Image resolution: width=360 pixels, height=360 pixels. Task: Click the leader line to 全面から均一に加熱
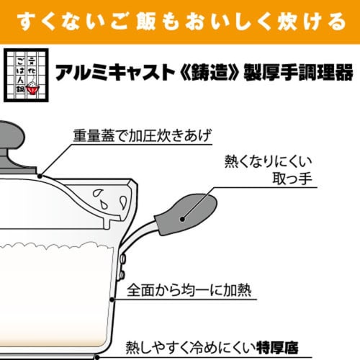119,296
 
